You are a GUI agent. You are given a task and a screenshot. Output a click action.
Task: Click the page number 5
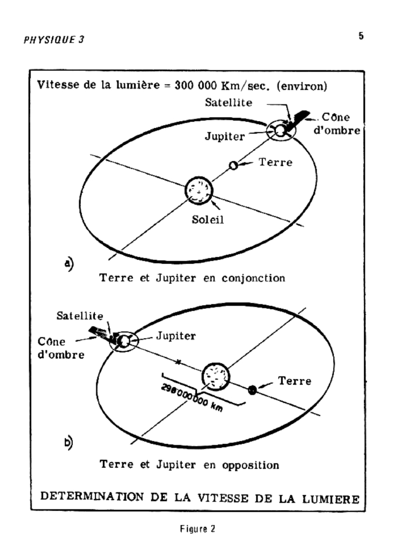(361, 37)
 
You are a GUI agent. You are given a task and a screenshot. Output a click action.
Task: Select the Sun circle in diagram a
(199, 191)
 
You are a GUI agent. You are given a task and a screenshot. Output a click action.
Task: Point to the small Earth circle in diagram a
(233, 166)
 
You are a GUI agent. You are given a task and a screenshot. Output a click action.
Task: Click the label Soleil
(208, 220)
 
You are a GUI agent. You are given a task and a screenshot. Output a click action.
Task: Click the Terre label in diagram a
(275, 162)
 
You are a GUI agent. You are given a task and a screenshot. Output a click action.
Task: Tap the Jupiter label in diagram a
(225, 137)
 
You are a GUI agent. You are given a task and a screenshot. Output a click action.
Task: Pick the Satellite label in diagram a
(228, 103)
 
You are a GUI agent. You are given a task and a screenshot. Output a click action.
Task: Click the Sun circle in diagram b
(217, 377)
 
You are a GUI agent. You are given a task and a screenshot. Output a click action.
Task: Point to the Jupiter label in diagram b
(176, 335)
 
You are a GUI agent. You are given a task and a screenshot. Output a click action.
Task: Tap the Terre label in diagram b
(294, 381)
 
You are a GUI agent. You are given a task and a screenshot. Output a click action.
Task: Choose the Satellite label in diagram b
(80, 316)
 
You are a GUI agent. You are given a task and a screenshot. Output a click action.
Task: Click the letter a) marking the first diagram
(69, 263)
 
